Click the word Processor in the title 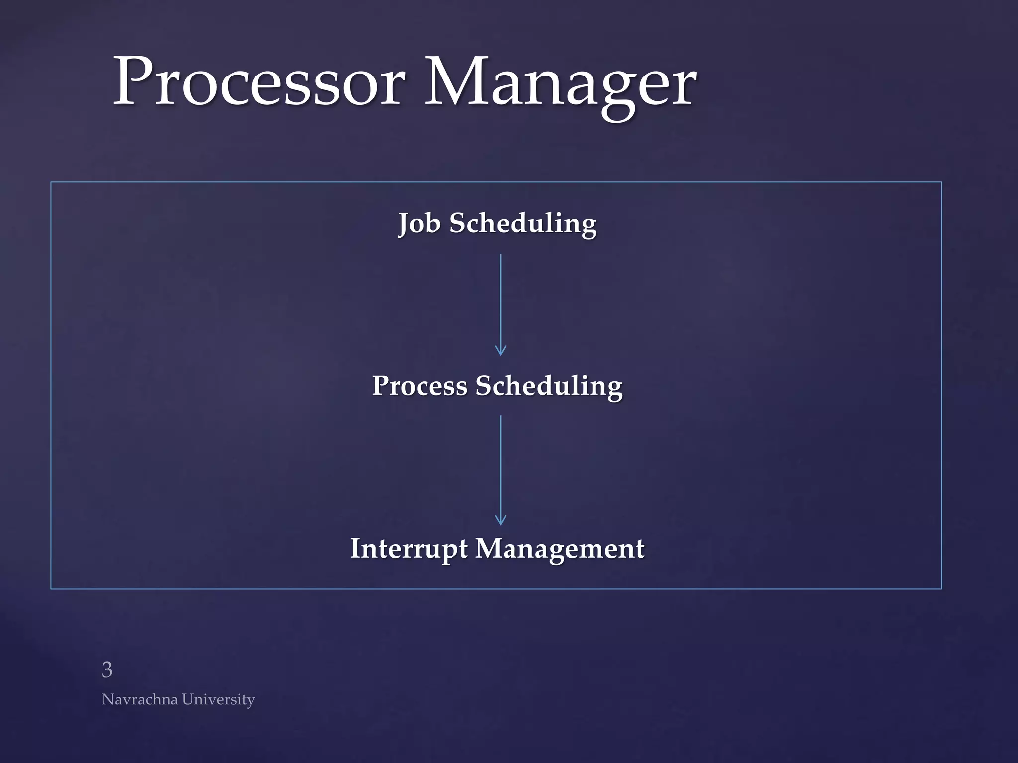[x=258, y=82]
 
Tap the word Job [x=419, y=224]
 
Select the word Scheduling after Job [x=522, y=224]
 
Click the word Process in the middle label [x=420, y=386]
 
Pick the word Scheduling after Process [x=548, y=386]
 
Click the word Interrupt [x=409, y=549]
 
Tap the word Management [x=560, y=549]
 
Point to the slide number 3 [x=107, y=670]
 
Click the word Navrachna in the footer [x=140, y=699]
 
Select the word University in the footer [x=218, y=699]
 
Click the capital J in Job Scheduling [x=404, y=224]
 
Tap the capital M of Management [x=490, y=548]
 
